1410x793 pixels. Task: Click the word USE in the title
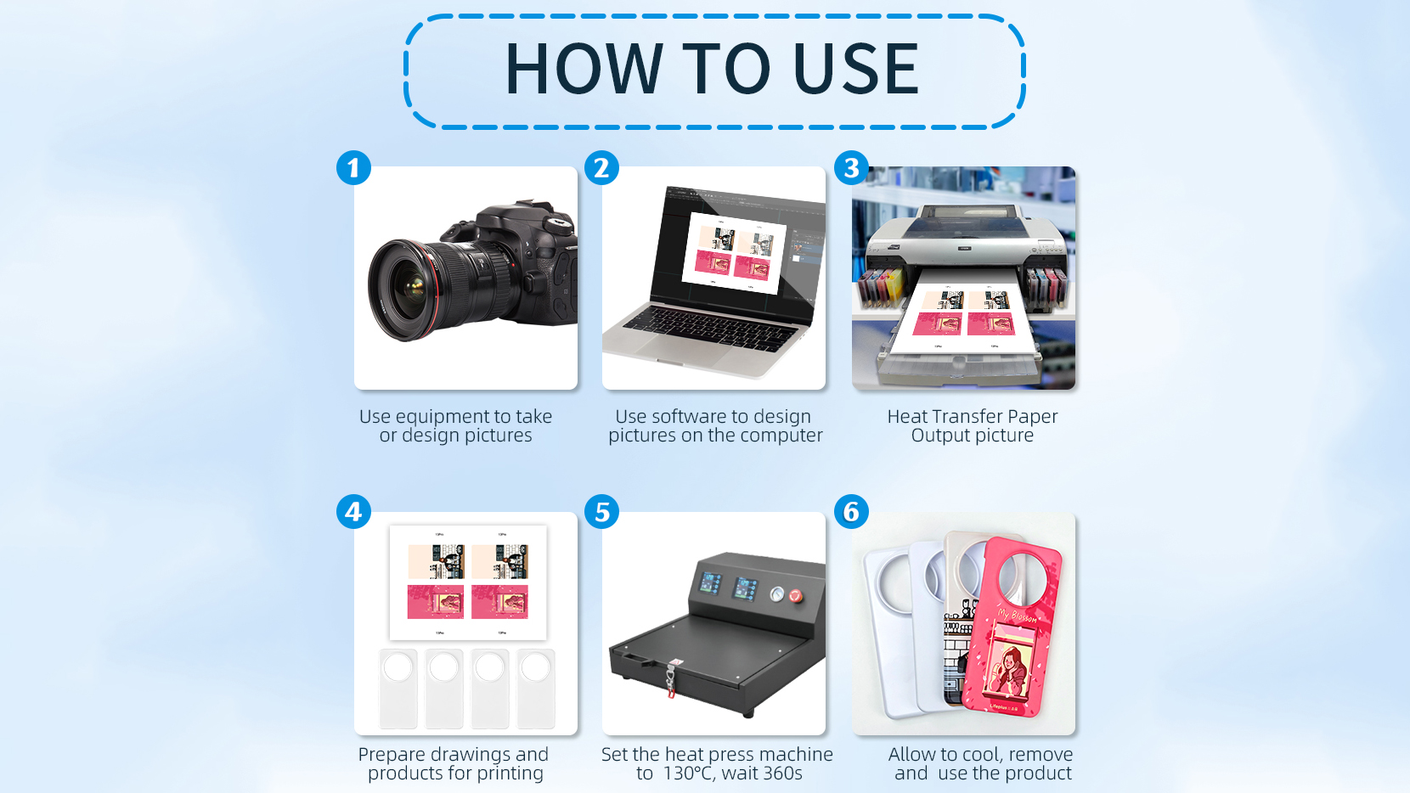[x=856, y=69]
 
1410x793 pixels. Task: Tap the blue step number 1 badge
[x=353, y=167]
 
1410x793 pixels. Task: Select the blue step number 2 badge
[x=601, y=167]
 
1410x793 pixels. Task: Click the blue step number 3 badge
[x=851, y=167]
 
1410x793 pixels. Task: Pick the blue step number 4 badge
[x=353, y=512]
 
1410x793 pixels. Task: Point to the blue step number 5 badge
[x=601, y=512]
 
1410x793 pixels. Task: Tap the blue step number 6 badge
[x=851, y=512]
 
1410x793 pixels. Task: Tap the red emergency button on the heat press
[x=796, y=594]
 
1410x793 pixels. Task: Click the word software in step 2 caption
[x=687, y=416]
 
